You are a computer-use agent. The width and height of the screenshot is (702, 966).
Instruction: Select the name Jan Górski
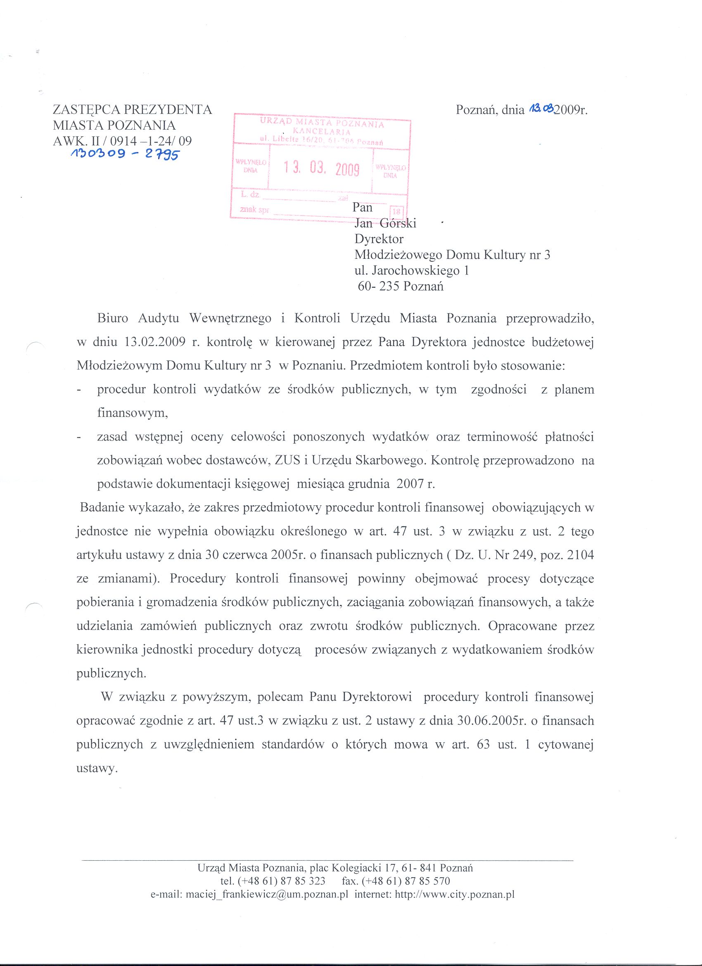[x=385, y=223]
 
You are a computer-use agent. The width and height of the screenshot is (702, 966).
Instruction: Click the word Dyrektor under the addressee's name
[x=379, y=239]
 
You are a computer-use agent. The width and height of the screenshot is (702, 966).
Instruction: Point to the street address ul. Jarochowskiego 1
[x=411, y=270]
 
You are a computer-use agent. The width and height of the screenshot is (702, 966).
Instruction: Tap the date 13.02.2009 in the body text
[x=154, y=343]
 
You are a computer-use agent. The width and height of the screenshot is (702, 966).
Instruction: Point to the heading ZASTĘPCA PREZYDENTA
[x=133, y=109]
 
